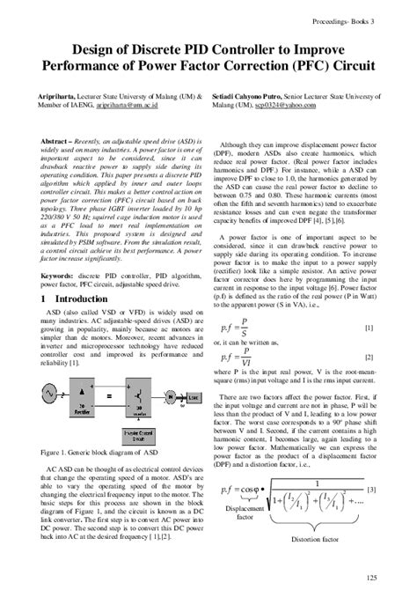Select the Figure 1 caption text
(97, 452)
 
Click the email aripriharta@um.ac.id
(137, 103)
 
